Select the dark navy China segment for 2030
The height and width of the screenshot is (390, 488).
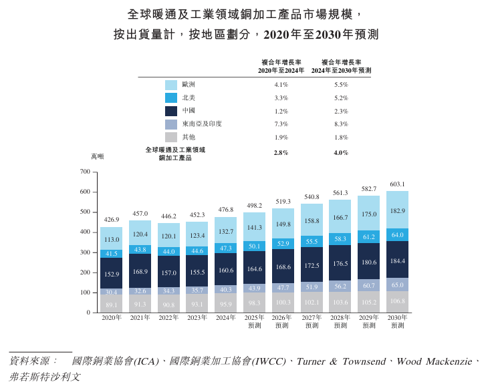click(397, 260)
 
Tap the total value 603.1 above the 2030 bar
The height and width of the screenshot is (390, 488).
click(397, 184)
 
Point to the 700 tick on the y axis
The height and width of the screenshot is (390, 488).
click(85, 172)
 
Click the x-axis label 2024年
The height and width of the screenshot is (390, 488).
click(226, 318)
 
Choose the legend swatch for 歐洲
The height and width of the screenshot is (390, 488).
click(171, 85)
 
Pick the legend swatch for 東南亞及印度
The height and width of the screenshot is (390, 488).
click(171, 124)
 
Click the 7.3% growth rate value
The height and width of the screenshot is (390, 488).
click(281, 124)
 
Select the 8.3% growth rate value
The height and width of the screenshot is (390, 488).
click(341, 124)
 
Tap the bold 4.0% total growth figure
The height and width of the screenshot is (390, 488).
click(341, 153)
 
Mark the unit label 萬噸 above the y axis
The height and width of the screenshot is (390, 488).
click(98, 156)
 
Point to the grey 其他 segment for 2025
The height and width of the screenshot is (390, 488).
click(255, 303)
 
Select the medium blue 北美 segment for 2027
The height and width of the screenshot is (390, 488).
click(312, 241)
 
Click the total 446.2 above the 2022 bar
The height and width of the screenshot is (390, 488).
click(168, 216)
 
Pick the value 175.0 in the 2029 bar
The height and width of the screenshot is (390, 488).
click(369, 214)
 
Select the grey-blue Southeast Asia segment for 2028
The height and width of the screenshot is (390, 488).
click(340, 286)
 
